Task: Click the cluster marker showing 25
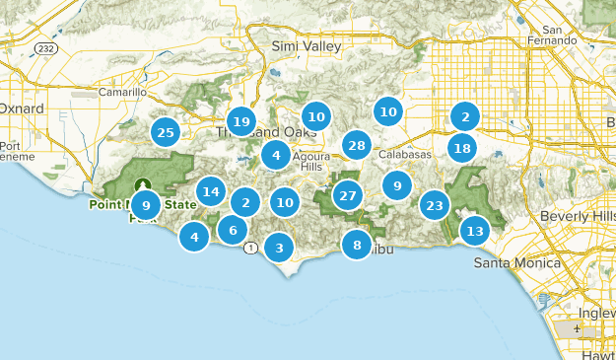click(x=166, y=132)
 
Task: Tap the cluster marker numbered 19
click(x=240, y=122)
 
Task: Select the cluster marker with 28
click(x=357, y=146)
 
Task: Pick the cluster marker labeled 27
click(x=347, y=194)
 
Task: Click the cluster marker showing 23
click(x=435, y=205)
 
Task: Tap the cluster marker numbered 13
click(x=475, y=232)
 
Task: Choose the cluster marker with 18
click(x=461, y=148)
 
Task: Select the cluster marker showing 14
click(x=210, y=191)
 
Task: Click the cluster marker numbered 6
click(x=233, y=230)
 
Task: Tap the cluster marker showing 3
click(x=279, y=248)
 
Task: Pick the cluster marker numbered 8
click(x=357, y=245)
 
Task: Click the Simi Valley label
click(x=307, y=46)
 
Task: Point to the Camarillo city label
click(x=123, y=92)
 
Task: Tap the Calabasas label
click(x=405, y=155)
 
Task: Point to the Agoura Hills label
click(x=310, y=161)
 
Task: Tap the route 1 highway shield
click(x=251, y=248)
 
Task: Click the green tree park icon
click(x=143, y=184)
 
